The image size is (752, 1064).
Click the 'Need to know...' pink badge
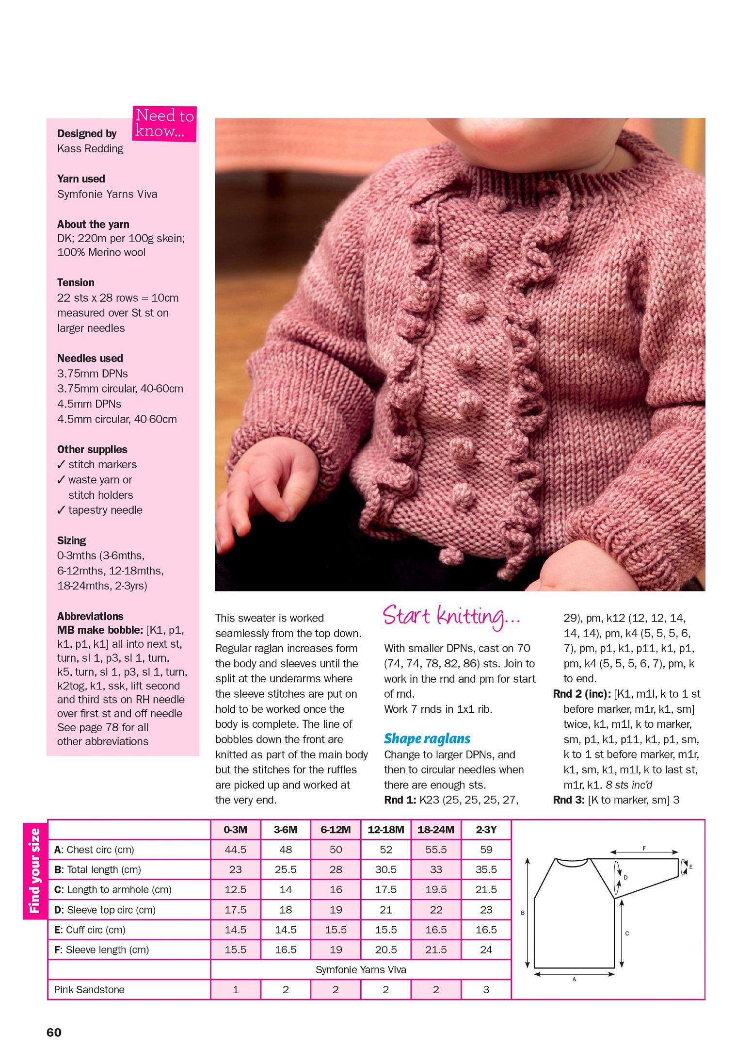[x=164, y=123]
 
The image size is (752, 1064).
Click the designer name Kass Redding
[x=90, y=148]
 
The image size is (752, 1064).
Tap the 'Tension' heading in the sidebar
[x=76, y=282]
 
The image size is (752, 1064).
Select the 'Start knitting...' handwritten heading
[x=451, y=617]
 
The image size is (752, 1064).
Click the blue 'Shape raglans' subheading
[x=427, y=738]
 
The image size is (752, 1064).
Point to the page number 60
[x=54, y=1032]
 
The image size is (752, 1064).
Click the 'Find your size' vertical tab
[x=35, y=870]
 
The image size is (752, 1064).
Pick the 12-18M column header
[x=385, y=830]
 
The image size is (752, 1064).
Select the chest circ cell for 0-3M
[x=235, y=850]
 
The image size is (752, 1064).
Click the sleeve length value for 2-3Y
[x=486, y=949]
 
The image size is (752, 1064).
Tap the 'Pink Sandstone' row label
[x=89, y=989]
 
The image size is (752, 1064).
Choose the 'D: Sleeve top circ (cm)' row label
[x=105, y=910]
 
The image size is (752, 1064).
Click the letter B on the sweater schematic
[x=523, y=913]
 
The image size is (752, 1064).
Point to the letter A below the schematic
[x=574, y=979]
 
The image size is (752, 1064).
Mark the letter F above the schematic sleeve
[x=644, y=848]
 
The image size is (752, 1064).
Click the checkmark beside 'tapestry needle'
[x=61, y=510]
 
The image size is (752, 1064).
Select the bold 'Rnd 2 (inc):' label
[x=581, y=694]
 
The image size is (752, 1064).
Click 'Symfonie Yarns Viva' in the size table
[x=361, y=969]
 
